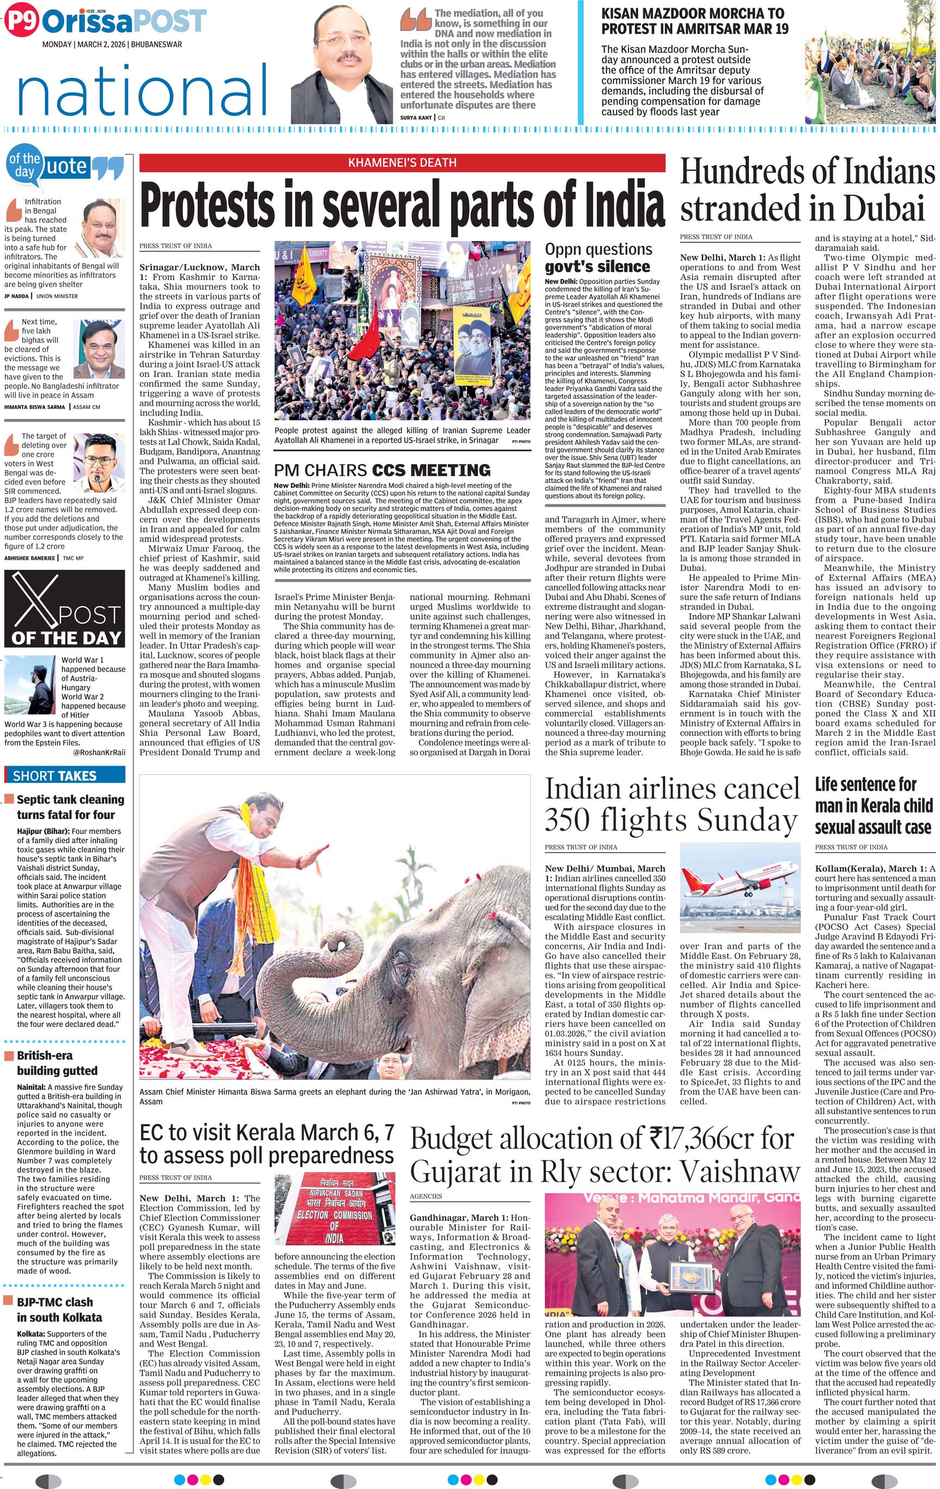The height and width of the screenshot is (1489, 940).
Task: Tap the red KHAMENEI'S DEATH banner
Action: (402, 163)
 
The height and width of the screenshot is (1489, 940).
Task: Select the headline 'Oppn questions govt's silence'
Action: (598, 258)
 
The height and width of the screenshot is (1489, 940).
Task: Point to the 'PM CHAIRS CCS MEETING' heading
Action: (382, 470)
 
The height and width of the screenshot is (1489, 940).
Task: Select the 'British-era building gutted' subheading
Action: (57, 1063)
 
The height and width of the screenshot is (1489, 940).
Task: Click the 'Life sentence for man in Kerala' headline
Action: (873, 805)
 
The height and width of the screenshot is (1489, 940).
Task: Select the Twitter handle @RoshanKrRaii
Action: (99, 752)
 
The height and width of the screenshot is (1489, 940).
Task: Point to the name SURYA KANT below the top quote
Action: (416, 118)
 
